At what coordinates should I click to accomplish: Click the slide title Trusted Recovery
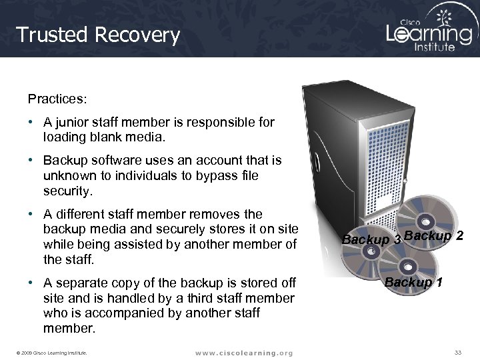98,35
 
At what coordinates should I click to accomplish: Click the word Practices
57,99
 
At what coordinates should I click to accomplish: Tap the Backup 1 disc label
413,282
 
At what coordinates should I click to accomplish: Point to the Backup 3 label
371,239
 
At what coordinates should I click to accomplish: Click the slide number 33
457,352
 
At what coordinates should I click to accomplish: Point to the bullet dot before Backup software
31,161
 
